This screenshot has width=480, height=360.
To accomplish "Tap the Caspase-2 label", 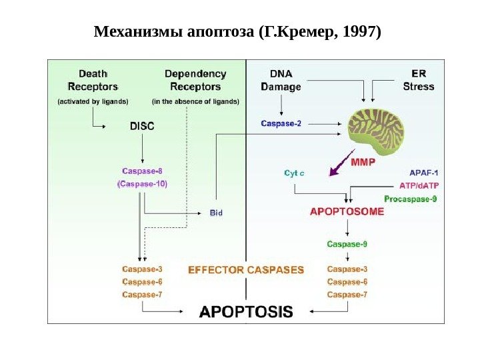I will (280, 123).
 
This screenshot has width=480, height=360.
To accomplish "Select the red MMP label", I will (363, 161).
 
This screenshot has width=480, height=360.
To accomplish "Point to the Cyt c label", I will (295, 173).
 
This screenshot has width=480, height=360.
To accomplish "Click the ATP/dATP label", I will (419, 185).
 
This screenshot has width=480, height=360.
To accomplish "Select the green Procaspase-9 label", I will (411, 198).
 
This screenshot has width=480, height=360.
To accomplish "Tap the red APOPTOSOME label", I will (347, 212).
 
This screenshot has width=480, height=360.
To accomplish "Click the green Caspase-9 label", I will (347, 244).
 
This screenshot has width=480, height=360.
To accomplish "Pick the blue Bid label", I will (216, 213).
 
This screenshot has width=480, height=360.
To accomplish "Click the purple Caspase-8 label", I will (142, 170).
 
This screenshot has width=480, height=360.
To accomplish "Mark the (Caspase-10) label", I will (142, 183).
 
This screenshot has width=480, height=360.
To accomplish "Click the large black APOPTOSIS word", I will (247, 311).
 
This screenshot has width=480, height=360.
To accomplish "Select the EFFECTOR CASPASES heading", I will (246, 270).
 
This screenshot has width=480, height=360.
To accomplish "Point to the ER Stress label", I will (418, 79).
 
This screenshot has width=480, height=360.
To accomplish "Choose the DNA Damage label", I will (281, 79).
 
